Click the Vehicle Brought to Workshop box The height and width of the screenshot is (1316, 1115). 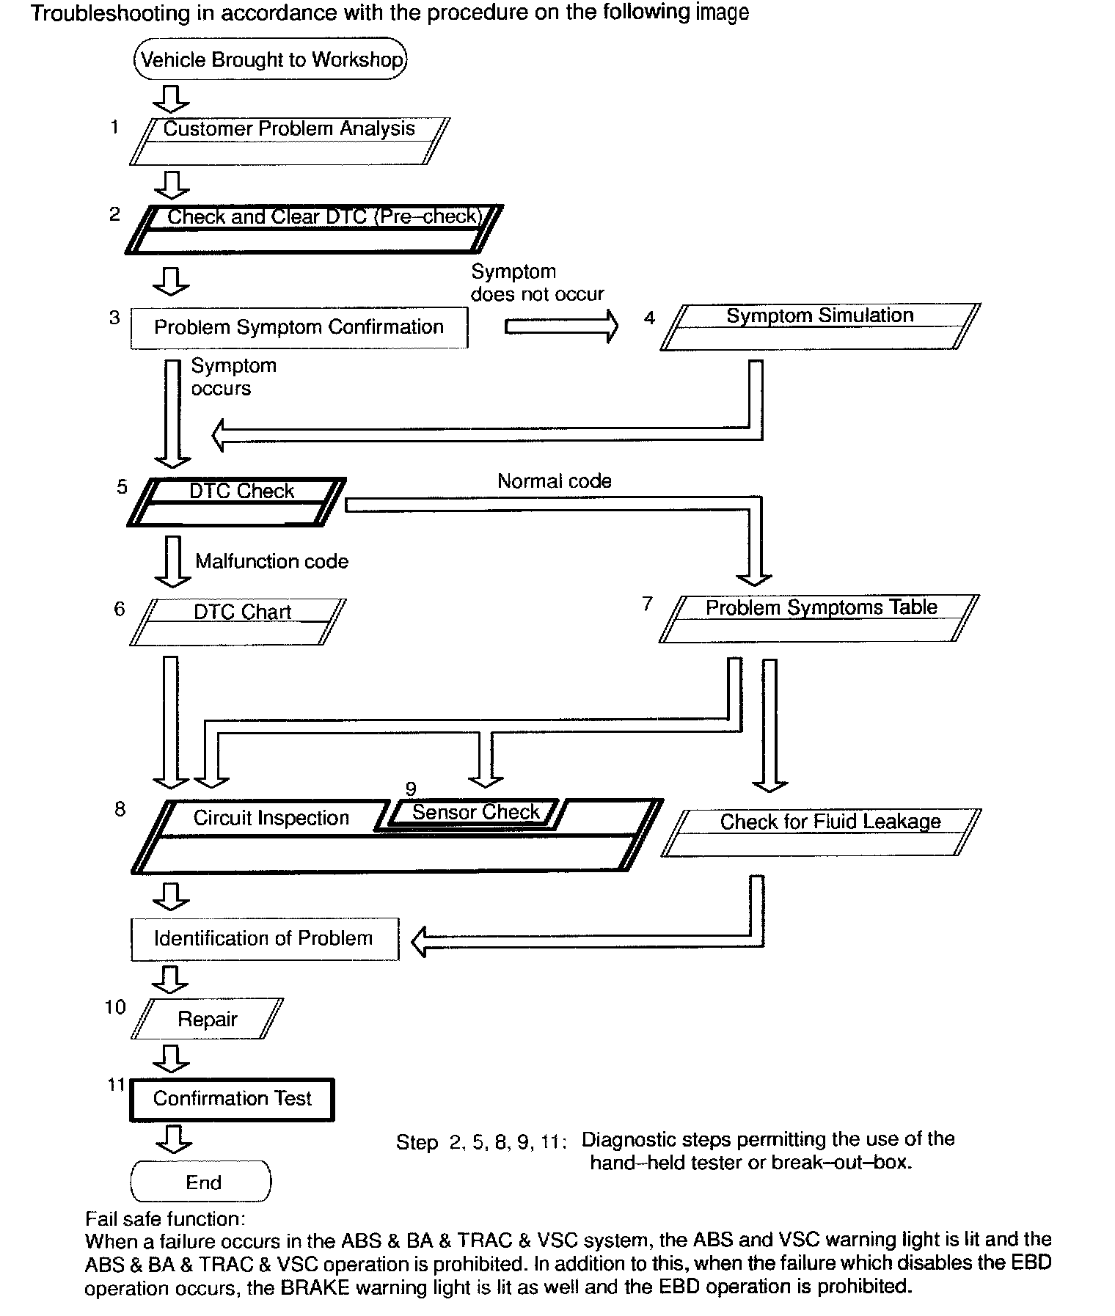(270, 59)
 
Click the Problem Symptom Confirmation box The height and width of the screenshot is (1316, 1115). (299, 327)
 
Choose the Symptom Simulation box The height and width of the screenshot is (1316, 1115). (819, 326)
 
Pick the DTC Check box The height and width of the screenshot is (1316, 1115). (237, 502)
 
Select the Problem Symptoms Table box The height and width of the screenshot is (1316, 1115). (819, 618)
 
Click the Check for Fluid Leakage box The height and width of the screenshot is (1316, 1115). (821, 832)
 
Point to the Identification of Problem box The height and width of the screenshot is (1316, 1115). (264, 938)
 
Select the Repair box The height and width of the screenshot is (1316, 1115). (208, 1018)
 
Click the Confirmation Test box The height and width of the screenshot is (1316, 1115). (232, 1099)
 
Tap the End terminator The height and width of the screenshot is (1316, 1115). (201, 1182)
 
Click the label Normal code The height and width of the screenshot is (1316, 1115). (554, 481)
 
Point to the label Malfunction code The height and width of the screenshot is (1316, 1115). (271, 561)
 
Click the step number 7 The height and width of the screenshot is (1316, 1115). (647, 604)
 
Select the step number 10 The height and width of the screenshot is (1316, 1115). (115, 1007)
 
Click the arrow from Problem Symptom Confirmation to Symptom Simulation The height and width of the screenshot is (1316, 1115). (561, 326)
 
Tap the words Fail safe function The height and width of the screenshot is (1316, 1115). (165, 1219)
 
